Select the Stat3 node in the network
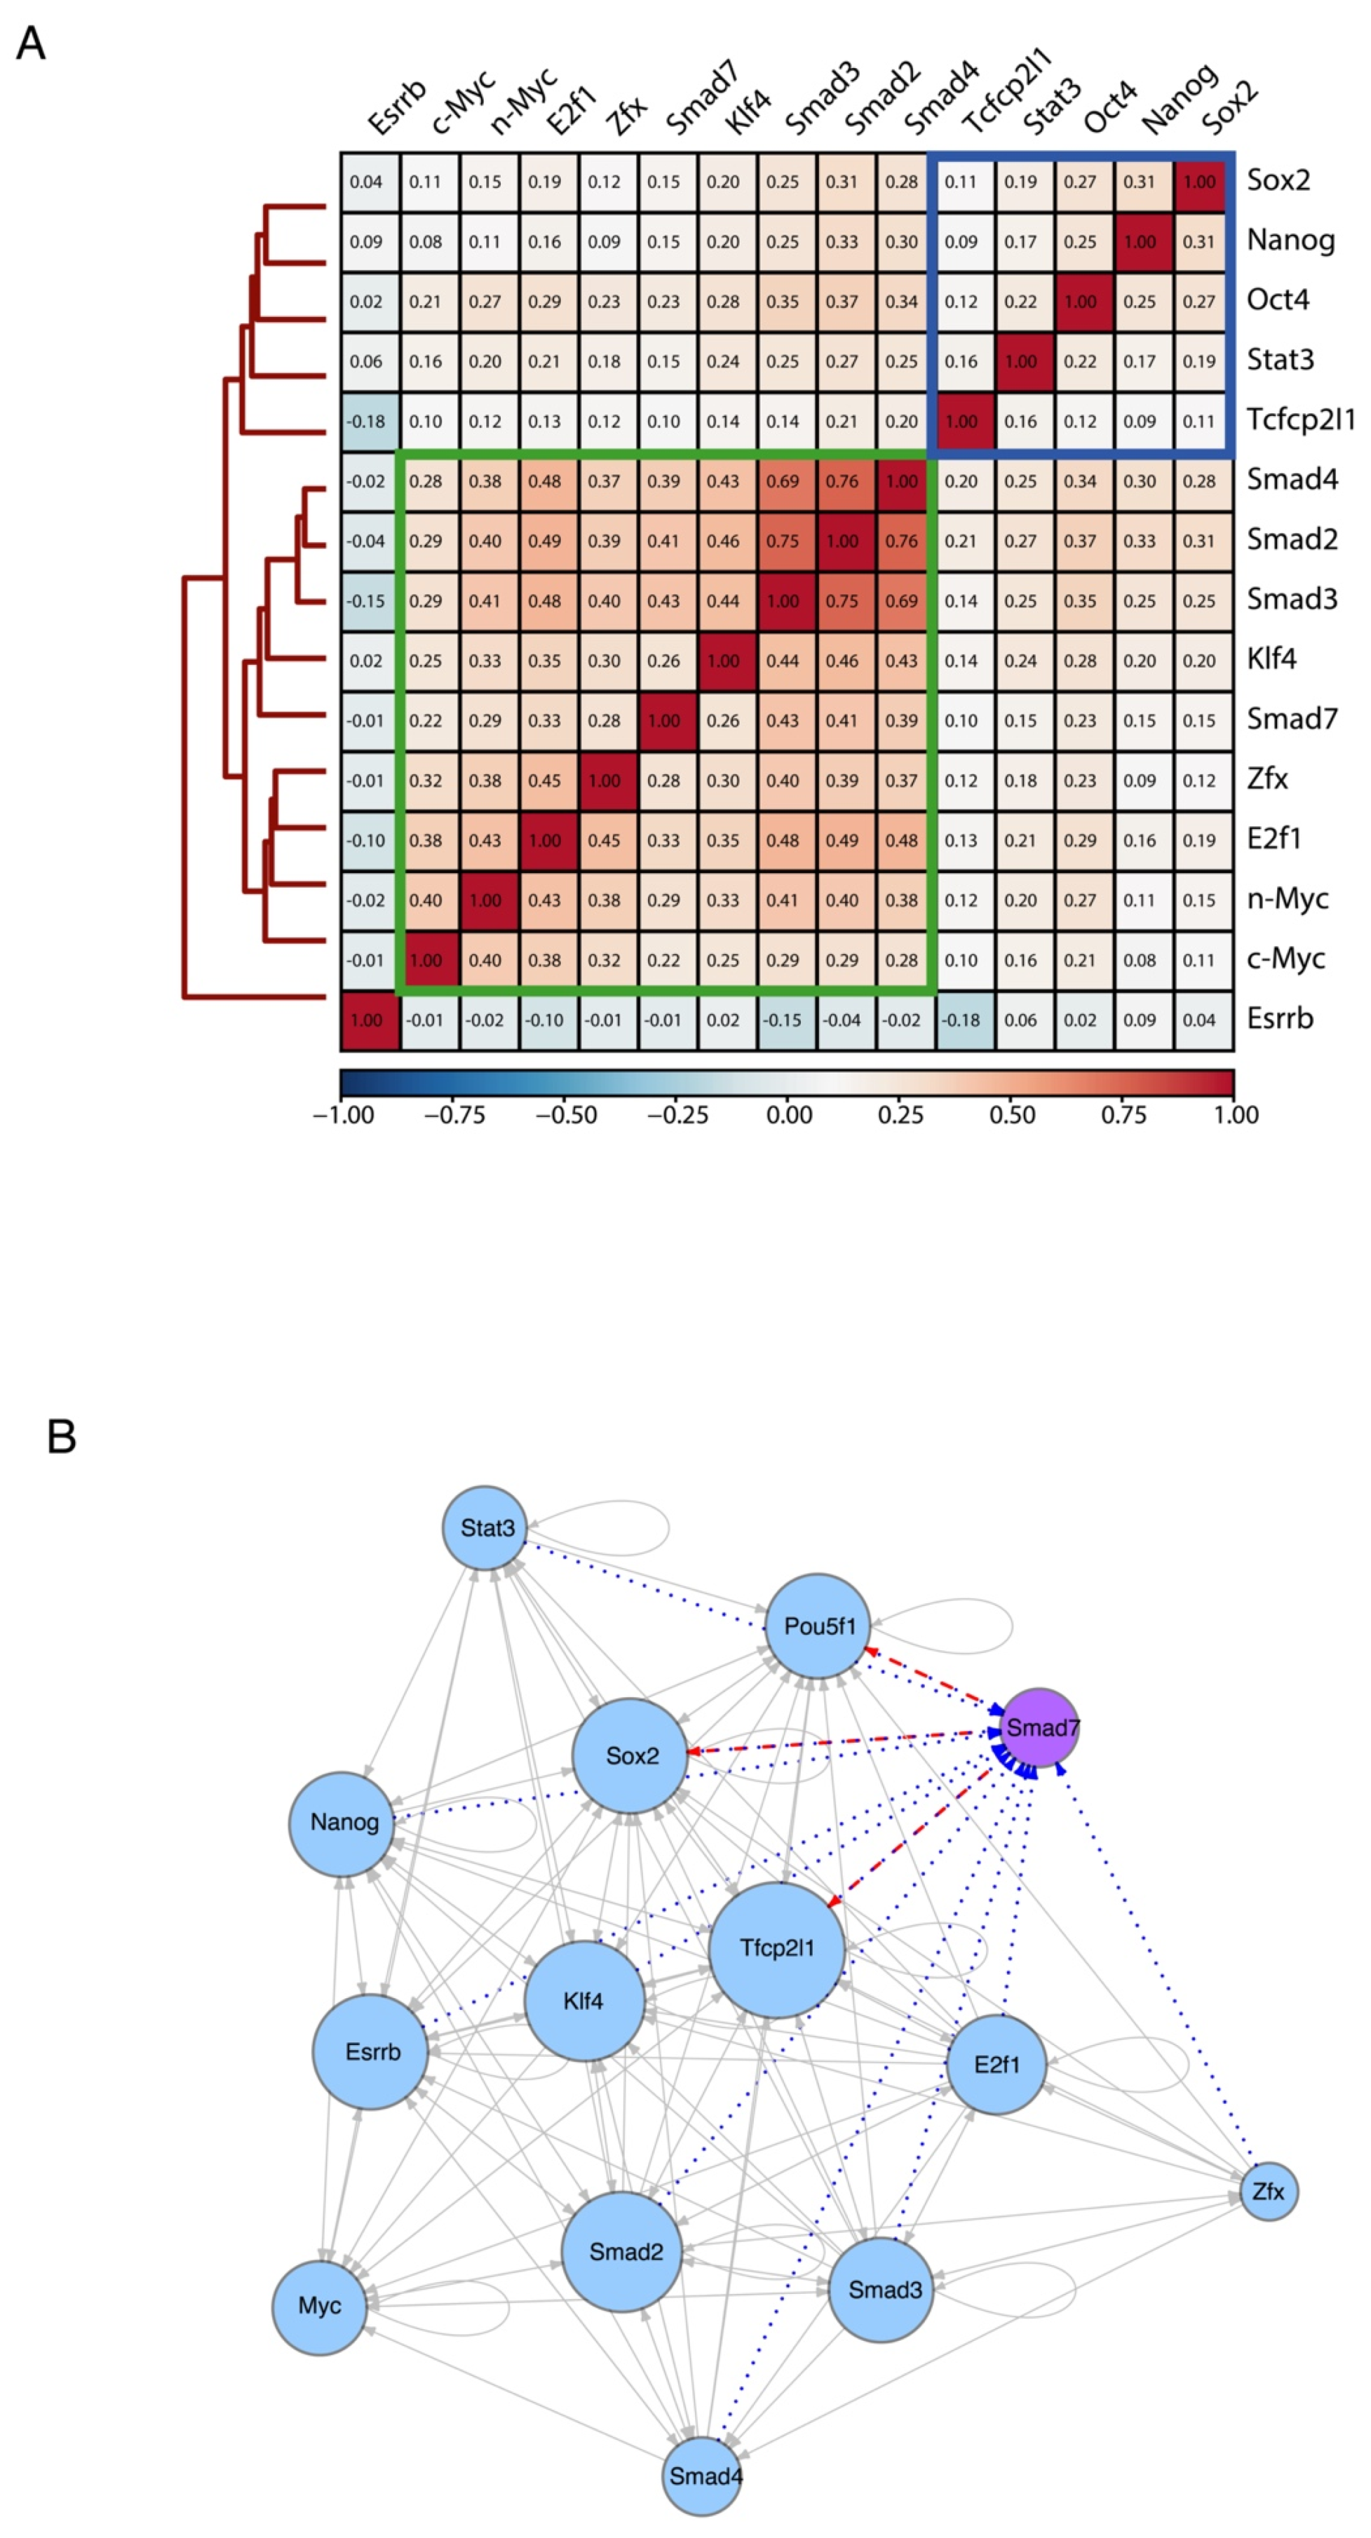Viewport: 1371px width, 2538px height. coord(485,1528)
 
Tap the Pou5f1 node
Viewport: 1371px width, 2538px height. coord(818,1625)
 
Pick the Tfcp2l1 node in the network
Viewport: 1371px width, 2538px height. coord(777,1947)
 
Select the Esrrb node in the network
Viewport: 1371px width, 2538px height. coord(372,2052)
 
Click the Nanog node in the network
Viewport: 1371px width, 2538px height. coord(343,1821)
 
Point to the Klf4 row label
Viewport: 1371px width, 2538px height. coord(1271,659)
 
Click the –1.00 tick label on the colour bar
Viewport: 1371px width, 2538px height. coord(343,1116)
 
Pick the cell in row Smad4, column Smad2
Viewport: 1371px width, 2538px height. coord(842,481)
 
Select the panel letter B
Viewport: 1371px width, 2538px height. coord(61,1437)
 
